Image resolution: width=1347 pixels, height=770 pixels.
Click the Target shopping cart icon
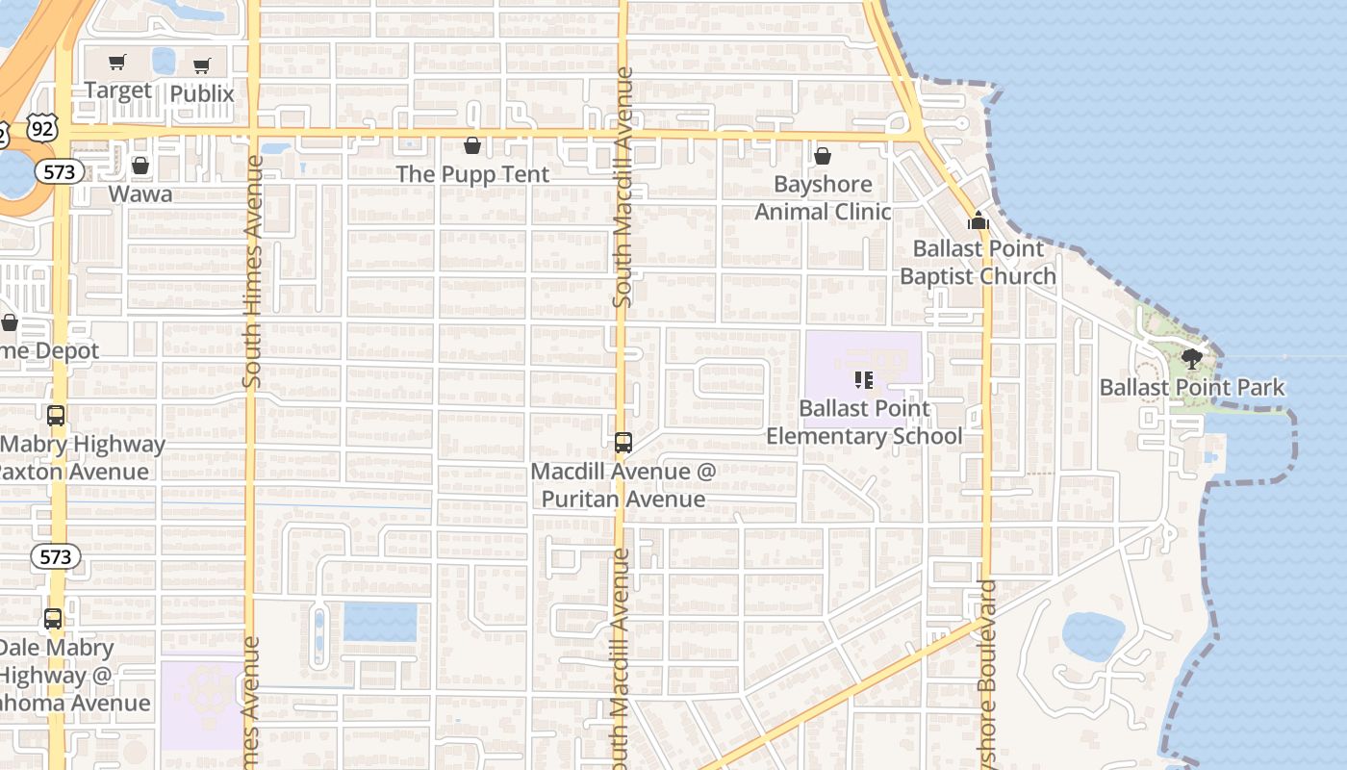[x=117, y=64]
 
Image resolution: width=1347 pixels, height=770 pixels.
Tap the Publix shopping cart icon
[x=201, y=66]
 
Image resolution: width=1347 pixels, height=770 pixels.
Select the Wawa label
[x=140, y=193]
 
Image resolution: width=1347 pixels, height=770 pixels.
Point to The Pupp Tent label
[x=472, y=174]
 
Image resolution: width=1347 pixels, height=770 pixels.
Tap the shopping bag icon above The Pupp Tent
[x=472, y=145]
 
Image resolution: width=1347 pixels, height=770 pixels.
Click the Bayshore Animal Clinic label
[x=823, y=197]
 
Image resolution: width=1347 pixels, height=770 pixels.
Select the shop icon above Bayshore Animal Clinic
[x=823, y=155]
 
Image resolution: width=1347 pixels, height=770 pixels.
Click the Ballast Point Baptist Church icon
[x=978, y=220]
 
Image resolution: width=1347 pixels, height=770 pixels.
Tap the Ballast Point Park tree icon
[x=1192, y=360]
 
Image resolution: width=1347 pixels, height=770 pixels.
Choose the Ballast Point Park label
[x=1192, y=388]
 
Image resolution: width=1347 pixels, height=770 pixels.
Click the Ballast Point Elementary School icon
[x=863, y=380]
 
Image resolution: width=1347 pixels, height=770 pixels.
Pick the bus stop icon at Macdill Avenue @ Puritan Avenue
[x=623, y=443]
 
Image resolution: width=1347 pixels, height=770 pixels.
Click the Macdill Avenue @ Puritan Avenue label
[x=623, y=485]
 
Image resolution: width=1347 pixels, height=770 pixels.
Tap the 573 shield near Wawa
[x=60, y=171]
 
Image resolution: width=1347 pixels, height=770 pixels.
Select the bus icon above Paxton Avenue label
[x=56, y=416]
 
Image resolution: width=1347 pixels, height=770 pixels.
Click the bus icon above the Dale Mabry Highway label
[x=53, y=619]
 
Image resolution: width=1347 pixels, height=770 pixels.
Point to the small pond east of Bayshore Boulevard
[x=1093, y=636]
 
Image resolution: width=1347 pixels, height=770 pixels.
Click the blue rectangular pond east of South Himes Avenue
[x=381, y=622]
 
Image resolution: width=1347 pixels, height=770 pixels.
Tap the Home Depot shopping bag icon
[x=10, y=322]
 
